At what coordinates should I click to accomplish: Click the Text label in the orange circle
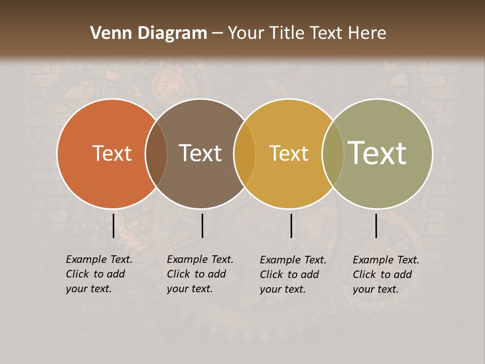click(x=112, y=153)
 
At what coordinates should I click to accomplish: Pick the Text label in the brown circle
click(x=200, y=153)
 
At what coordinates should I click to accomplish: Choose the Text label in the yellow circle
click(x=288, y=153)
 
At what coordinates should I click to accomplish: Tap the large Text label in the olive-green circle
click(x=377, y=153)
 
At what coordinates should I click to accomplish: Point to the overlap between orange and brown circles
click(x=156, y=153)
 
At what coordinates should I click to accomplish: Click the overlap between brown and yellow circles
click(x=245, y=153)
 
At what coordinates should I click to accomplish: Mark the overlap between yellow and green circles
click(x=333, y=153)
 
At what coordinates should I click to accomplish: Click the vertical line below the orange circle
click(x=113, y=225)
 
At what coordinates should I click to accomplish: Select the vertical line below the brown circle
click(x=202, y=225)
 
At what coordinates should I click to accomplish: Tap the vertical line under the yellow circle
click(x=291, y=225)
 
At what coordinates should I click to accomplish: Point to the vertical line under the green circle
click(x=376, y=225)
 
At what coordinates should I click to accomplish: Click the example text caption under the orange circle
click(x=99, y=274)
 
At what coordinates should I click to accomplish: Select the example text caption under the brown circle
click(x=200, y=274)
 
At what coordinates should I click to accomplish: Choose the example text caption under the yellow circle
click(x=293, y=275)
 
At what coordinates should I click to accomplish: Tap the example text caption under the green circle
click(x=385, y=275)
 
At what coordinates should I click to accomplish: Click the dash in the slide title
click(x=217, y=34)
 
